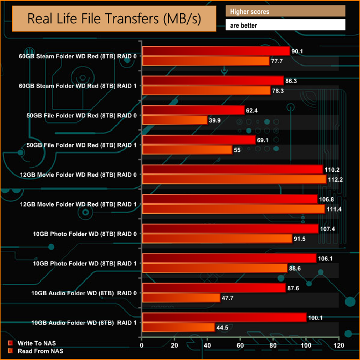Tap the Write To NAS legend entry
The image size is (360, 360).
pyautogui.click(x=35, y=343)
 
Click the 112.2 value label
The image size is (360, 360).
pyautogui.click(x=337, y=179)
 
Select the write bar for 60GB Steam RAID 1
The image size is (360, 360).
pyautogui.click(x=213, y=81)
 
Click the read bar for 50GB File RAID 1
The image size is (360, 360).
pyautogui.click(x=187, y=150)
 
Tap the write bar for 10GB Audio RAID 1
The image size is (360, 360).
pyautogui.click(x=224, y=317)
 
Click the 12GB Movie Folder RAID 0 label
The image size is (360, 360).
pyautogui.click(x=77, y=174)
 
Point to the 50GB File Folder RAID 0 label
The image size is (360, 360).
pyautogui.click(x=77, y=115)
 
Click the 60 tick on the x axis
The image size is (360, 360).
pyautogui.click(x=240, y=346)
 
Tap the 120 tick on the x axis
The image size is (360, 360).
pyautogui.click(x=338, y=346)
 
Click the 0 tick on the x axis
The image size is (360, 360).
pyautogui.click(x=142, y=346)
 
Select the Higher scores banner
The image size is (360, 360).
pyautogui.click(x=285, y=11)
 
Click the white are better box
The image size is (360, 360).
pyautogui.click(x=285, y=25)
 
